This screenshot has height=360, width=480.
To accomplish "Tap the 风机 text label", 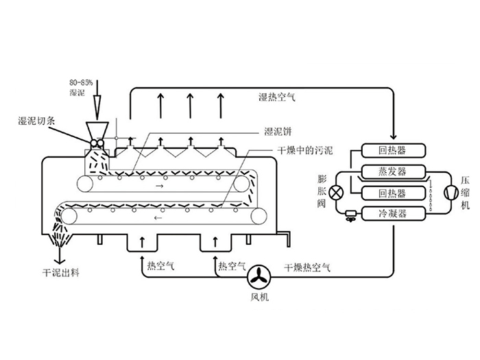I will (x=260, y=298).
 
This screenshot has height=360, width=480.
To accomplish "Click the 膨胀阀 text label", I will (x=322, y=192).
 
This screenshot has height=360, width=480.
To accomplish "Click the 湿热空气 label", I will (x=276, y=98).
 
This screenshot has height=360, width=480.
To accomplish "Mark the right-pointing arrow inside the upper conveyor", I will (x=160, y=185).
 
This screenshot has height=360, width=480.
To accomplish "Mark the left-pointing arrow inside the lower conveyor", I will (x=160, y=220).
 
